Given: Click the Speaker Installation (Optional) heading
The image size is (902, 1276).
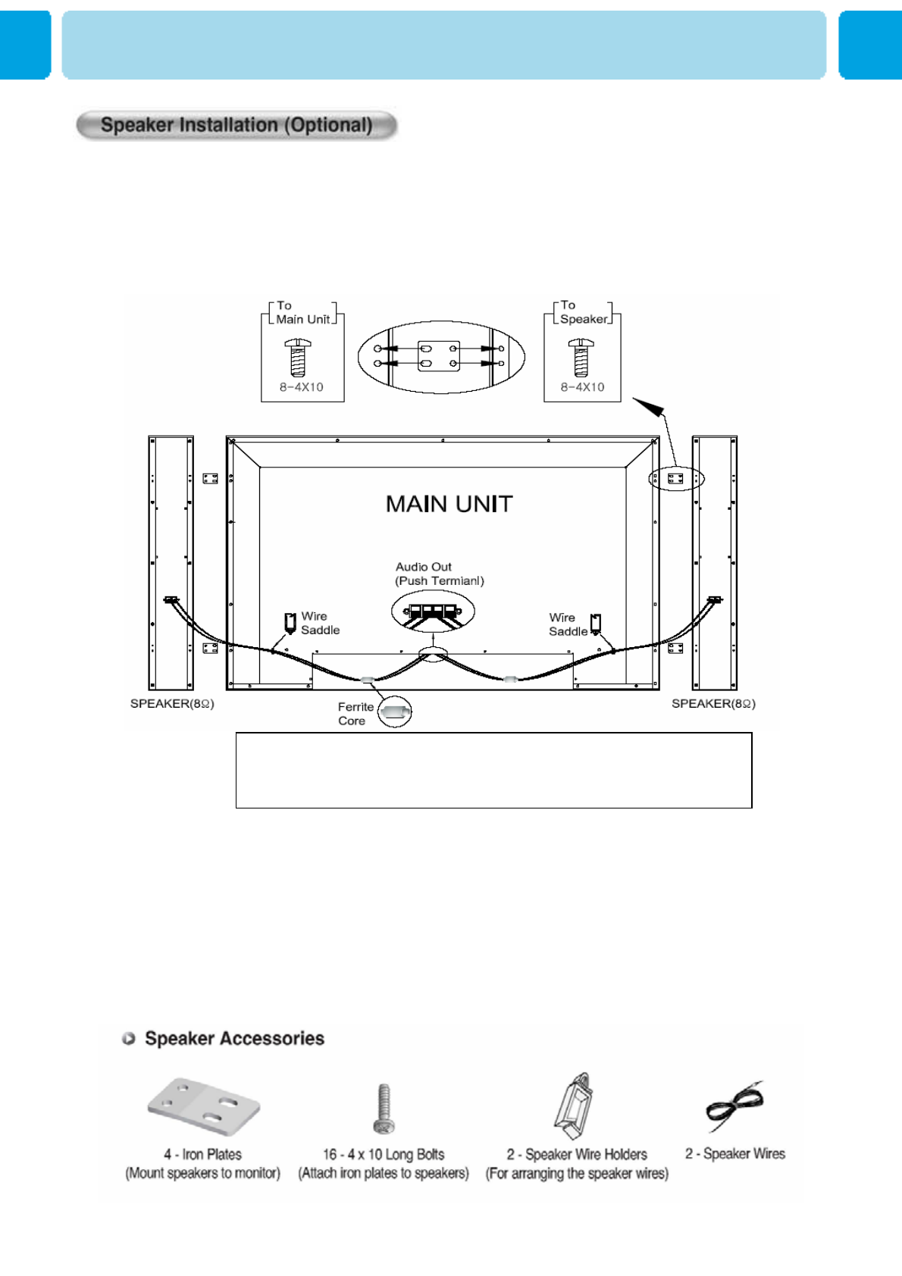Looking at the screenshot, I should tap(236, 125).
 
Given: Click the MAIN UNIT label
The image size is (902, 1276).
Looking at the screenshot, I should tap(449, 504).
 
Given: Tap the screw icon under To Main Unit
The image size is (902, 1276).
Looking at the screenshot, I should tap(298, 358).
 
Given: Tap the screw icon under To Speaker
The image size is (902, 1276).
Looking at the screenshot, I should tap(581, 358).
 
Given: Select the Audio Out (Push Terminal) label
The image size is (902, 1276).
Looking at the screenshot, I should tap(439, 574).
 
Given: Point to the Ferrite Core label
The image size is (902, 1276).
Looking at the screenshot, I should tap(355, 714).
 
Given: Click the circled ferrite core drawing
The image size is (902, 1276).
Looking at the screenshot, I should tap(395, 711).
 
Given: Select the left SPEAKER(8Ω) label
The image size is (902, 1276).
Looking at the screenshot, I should tap(172, 704).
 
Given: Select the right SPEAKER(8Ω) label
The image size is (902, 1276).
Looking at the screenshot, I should tap(713, 704).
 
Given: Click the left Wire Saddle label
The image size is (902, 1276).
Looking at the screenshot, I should tap(320, 623).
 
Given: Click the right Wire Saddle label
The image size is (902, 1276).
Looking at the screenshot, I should tap(568, 624).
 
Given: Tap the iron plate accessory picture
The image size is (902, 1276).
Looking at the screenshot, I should tap(203, 1106).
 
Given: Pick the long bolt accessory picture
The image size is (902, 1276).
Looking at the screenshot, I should tap(384, 1108).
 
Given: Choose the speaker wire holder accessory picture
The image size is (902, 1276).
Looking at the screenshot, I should tap(575, 1106).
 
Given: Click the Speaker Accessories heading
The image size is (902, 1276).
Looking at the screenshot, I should tap(234, 1038).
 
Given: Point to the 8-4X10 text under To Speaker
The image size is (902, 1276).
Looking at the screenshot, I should tap(582, 387).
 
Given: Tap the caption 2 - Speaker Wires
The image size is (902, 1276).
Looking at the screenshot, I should tap(735, 1154).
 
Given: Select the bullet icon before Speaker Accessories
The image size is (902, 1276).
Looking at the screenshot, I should tap(129, 1038).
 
